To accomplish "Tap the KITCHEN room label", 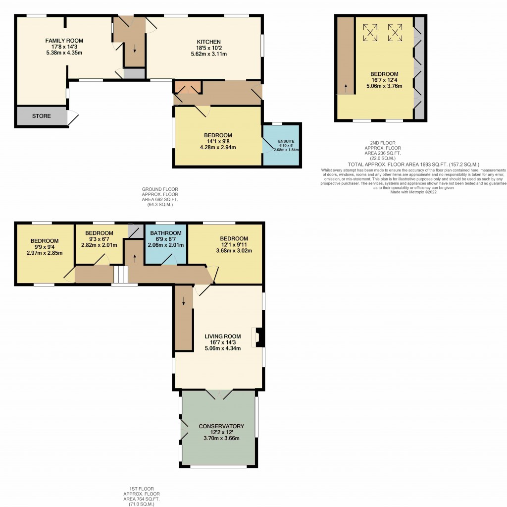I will pos(208,42).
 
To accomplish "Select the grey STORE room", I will pos(42,116).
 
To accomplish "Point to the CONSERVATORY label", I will pos(221,426).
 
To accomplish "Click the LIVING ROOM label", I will pos(223,336).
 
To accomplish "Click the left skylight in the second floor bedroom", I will pos(370,32).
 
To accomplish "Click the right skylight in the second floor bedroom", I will pos(395,32).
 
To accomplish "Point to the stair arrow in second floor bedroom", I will pos(346,88).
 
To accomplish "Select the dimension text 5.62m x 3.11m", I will pos(208,54).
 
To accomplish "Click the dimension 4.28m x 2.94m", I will pos(218,147).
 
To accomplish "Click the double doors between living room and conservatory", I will pos(219,394).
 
